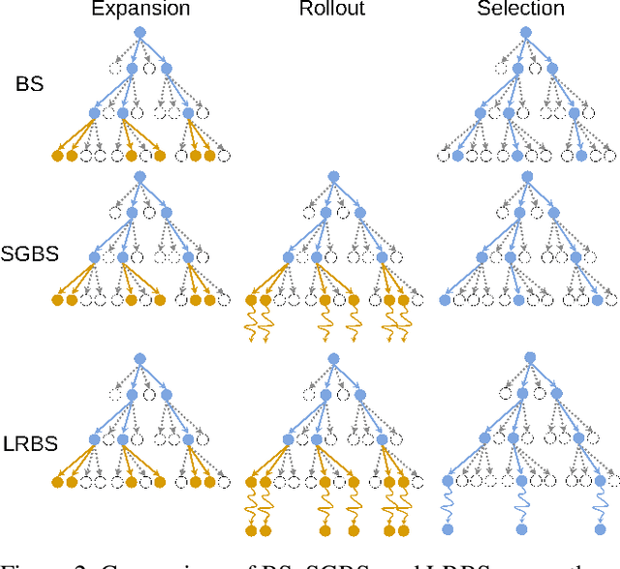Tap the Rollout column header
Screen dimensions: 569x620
[332, 10]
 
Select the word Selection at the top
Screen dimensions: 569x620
[520, 10]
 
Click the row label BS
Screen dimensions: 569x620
[29, 84]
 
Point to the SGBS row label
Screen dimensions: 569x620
[29, 254]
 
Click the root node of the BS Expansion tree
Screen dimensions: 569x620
[139, 32]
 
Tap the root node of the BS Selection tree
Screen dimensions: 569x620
[526, 32]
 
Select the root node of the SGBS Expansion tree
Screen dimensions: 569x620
[139, 176]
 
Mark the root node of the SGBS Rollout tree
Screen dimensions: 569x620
[332, 176]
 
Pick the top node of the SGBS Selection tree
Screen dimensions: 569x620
[526, 176]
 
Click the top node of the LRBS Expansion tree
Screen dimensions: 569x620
[139, 358]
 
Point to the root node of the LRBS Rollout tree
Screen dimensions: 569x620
[332, 358]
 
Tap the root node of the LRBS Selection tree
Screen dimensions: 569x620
[526, 358]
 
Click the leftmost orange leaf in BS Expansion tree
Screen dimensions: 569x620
[57, 155]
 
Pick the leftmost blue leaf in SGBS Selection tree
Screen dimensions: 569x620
[445, 301]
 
